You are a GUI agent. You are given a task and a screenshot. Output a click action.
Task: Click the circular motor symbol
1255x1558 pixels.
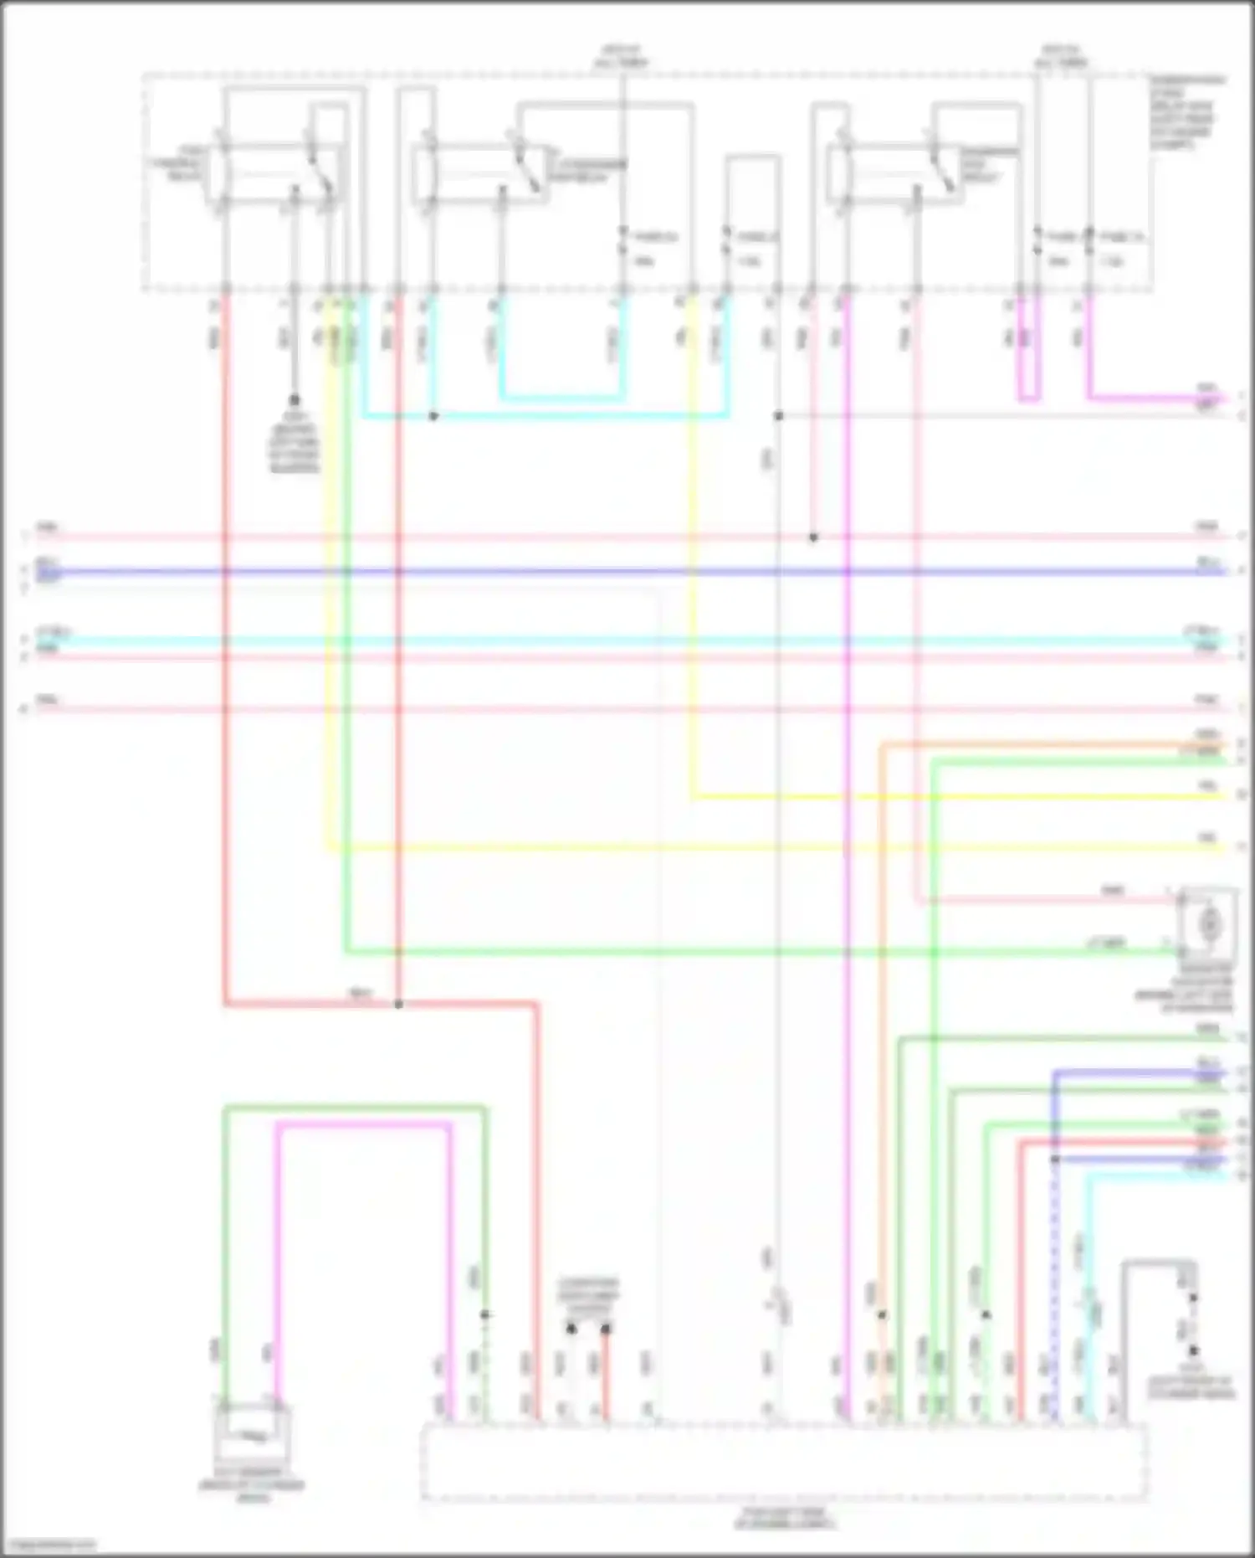pyautogui.click(x=1208, y=923)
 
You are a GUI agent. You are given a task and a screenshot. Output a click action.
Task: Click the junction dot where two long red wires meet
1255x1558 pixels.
pyautogui.click(x=398, y=1004)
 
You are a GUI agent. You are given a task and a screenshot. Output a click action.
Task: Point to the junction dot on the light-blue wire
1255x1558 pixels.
pyautogui.click(x=433, y=416)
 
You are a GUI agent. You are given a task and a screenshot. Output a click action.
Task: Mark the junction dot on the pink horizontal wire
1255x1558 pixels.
pyautogui.click(x=813, y=537)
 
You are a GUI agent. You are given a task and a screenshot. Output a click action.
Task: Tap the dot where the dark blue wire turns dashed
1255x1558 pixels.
pyautogui.click(x=1054, y=1160)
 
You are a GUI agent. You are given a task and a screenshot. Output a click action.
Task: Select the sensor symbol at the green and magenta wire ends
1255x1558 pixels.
pyautogui.click(x=254, y=1435)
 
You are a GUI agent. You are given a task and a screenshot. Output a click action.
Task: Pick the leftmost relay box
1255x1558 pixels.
pyautogui.click(x=276, y=172)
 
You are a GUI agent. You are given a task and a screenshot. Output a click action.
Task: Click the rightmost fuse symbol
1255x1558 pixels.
pyautogui.click(x=1089, y=239)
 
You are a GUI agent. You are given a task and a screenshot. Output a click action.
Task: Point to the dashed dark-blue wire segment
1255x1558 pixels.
pyautogui.click(x=1054, y=1289)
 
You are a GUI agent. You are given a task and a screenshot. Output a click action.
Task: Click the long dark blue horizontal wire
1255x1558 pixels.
pyautogui.click(x=627, y=573)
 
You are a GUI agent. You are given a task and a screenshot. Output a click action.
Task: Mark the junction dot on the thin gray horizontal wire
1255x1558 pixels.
pyautogui.click(x=778, y=416)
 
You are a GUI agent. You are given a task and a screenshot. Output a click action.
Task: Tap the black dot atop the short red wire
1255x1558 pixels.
pyautogui.click(x=606, y=1329)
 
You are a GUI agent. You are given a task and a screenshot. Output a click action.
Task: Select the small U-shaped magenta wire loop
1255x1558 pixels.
pyautogui.click(x=1029, y=368)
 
